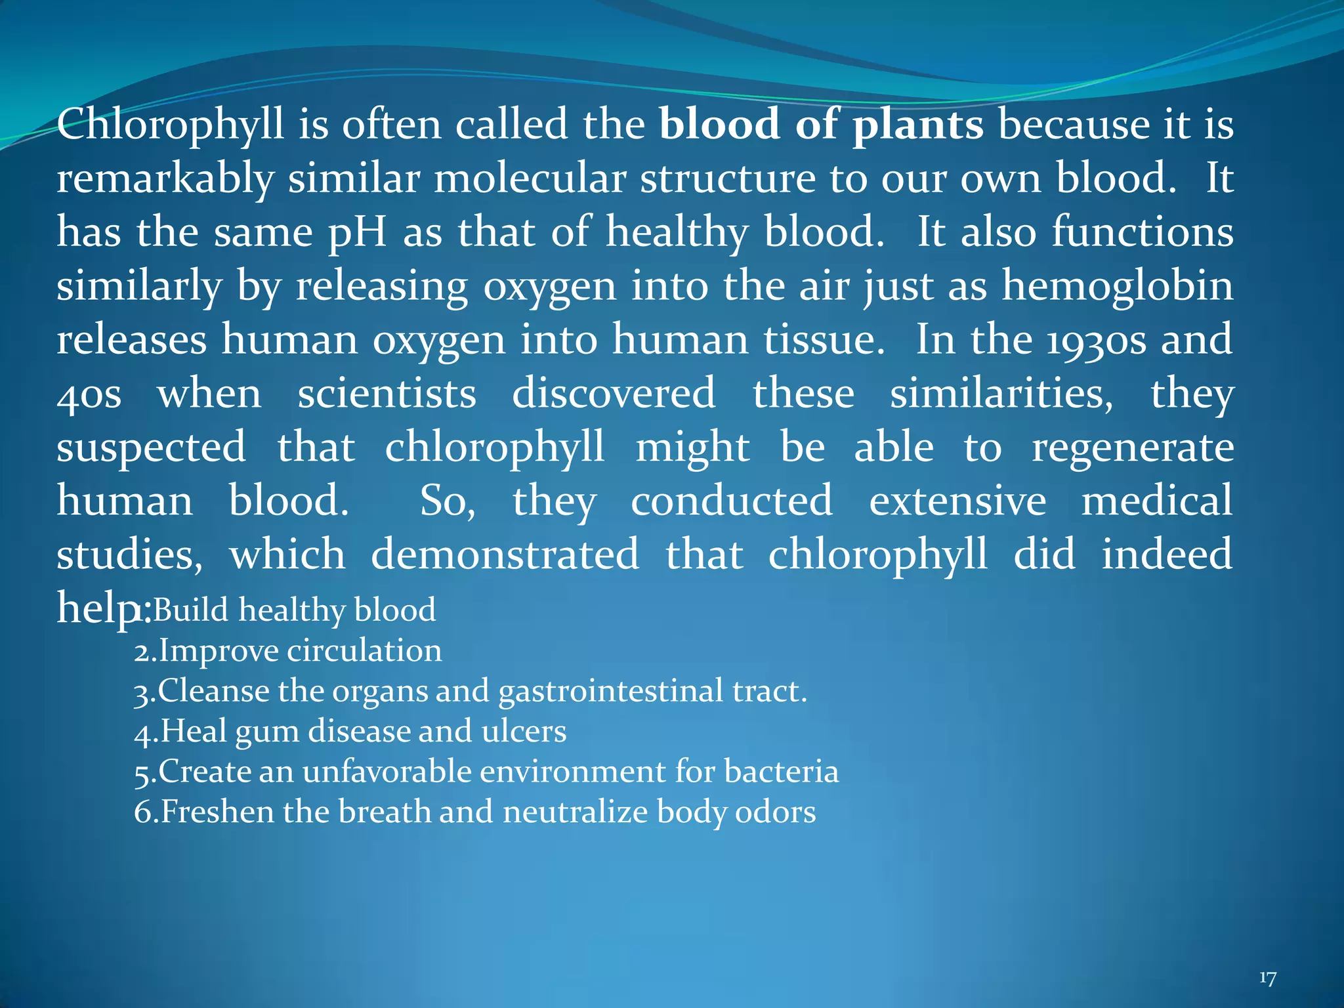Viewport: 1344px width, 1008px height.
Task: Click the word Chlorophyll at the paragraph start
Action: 171,125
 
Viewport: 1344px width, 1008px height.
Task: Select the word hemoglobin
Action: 1117,286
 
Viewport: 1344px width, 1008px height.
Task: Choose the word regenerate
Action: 1133,448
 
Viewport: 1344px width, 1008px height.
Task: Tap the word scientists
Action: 387,394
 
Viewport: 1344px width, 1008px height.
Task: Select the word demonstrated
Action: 505,555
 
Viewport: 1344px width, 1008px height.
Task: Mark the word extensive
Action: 957,501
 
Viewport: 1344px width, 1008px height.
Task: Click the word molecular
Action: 530,178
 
